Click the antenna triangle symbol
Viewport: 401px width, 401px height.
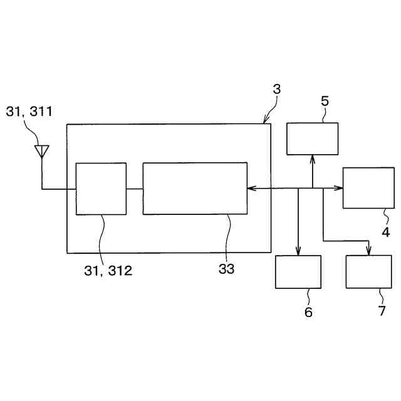[x=41, y=150]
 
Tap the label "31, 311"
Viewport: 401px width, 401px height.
[x=29, y=112]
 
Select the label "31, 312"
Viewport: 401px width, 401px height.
[x=108, y=271]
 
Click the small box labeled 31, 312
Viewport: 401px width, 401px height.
[x=101, y=189]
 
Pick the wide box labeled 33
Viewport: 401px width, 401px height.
[x=195, y=189]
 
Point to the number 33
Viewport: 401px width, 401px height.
[x=226, y=269]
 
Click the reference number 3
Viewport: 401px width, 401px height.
[x=276, y=89]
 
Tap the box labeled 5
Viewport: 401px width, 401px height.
[x=312, y=138]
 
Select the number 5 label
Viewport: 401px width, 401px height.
[x=325, y=100]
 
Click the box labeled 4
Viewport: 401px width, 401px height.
[x=368, y=187]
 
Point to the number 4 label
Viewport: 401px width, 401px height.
[x=386, y=232]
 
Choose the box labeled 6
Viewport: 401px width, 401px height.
[x=298, y=271]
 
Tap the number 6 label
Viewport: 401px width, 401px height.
[x=308, y=311]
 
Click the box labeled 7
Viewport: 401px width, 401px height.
[x=368, y=271]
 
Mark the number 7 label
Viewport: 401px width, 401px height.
[x=382, y=311]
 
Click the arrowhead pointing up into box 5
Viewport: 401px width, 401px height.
[x=312, y=159]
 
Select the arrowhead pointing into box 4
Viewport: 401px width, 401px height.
[x=339, y=188]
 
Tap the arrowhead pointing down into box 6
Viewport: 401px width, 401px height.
[x=298, y=252]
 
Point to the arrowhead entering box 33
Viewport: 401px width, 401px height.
[x=251, y=188]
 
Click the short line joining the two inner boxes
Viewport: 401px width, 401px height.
[x=134, y=188]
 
